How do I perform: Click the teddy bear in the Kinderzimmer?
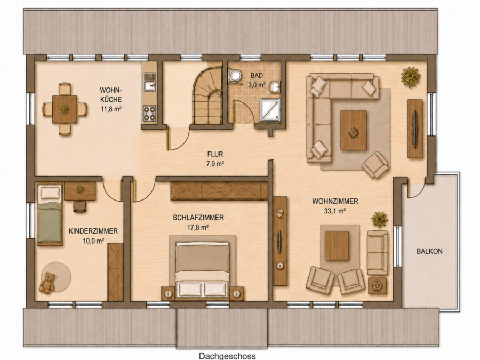[47, 283]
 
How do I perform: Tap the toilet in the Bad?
[235, 75]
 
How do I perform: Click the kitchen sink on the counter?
[150, 82]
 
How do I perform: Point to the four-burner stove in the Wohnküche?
[150, 113]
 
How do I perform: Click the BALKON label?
[429, 251]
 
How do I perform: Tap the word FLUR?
[215, 154]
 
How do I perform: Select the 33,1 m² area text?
[335, 211]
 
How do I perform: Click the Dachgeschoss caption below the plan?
[227, 356]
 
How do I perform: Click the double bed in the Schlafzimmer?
[202, 269]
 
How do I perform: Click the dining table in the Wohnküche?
[65, 109]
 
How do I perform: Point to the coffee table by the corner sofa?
[354, 131]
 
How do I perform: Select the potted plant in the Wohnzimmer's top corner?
[410, 76]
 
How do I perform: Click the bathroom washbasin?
[274, 87]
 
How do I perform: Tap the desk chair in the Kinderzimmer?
[79, 206]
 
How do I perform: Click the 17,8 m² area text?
[198, 227]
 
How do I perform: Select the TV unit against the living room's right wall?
[415, 129]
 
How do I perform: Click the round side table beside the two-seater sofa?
[377, 286]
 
